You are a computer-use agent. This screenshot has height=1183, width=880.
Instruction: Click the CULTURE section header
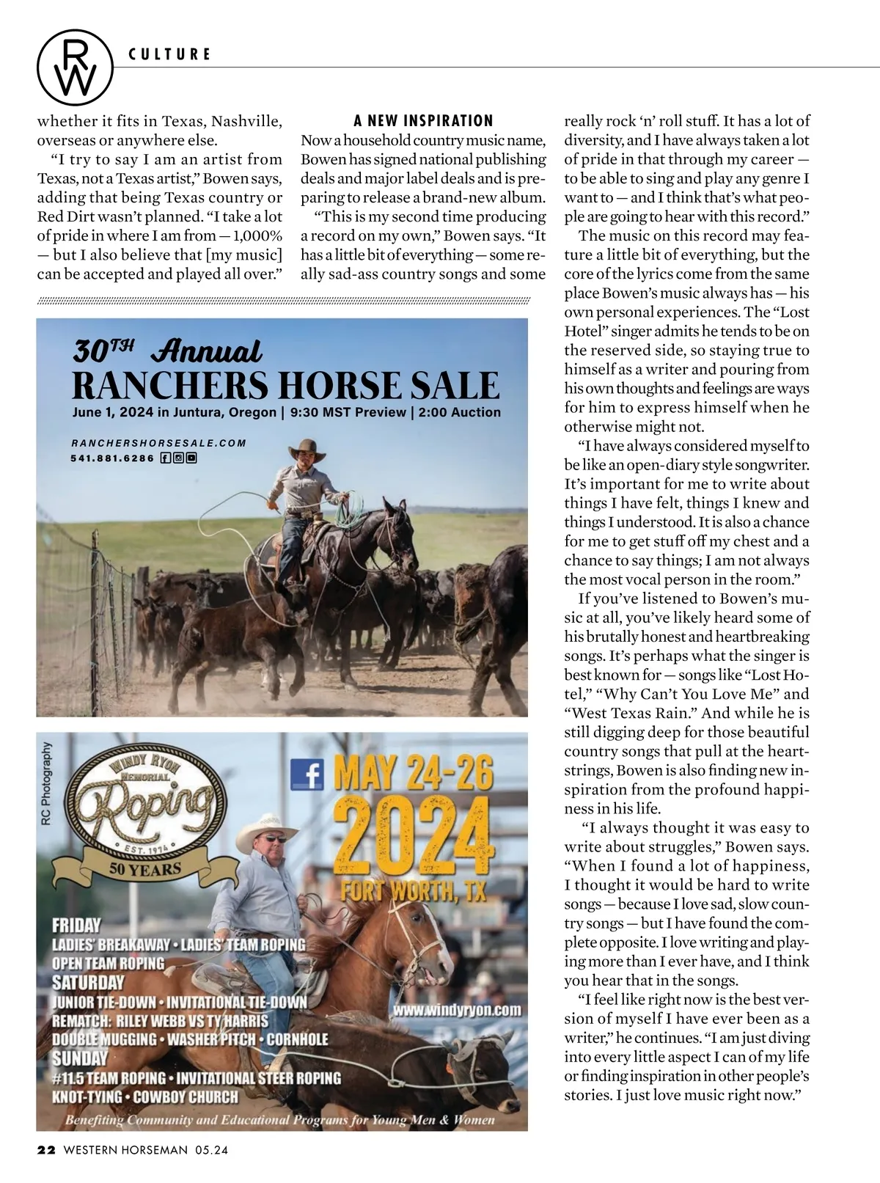click(169, 54)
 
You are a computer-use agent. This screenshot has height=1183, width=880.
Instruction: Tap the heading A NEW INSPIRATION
click(423, 121)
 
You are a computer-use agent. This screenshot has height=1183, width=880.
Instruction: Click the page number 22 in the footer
click(46, 1150)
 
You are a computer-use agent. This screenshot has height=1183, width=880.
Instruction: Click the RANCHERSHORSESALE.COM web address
click(158, 443)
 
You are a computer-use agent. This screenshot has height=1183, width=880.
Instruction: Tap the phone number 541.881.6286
click(113, 458)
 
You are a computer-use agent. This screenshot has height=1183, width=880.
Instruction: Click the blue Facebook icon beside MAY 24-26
click(307, 774)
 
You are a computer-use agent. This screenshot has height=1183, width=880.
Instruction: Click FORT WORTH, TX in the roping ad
click(414, 891)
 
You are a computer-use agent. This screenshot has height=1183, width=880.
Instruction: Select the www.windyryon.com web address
click(457, 1010)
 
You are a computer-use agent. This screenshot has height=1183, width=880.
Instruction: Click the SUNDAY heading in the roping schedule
click(79, 1058)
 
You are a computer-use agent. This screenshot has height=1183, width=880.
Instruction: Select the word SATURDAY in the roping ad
click(88, 982)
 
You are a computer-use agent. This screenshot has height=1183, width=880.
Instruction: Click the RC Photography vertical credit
click(48, 783)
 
